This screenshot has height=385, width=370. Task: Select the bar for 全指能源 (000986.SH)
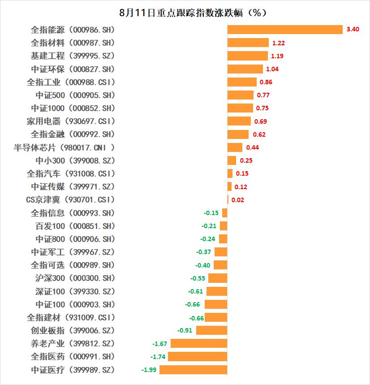285,30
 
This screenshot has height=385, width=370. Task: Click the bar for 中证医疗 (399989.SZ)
193,370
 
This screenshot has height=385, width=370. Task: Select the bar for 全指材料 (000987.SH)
248,43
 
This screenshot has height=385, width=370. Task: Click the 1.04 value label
272,69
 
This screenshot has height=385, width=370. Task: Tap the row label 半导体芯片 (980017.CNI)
65,147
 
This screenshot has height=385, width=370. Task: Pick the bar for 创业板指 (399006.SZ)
211,330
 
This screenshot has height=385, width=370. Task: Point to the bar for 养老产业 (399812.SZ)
199,343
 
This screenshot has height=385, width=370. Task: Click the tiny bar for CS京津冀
228,199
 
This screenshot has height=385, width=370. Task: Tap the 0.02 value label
238,200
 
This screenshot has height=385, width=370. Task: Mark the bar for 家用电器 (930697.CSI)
239,121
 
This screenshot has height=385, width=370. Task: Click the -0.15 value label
211,213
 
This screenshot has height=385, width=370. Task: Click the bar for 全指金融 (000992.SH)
238,134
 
